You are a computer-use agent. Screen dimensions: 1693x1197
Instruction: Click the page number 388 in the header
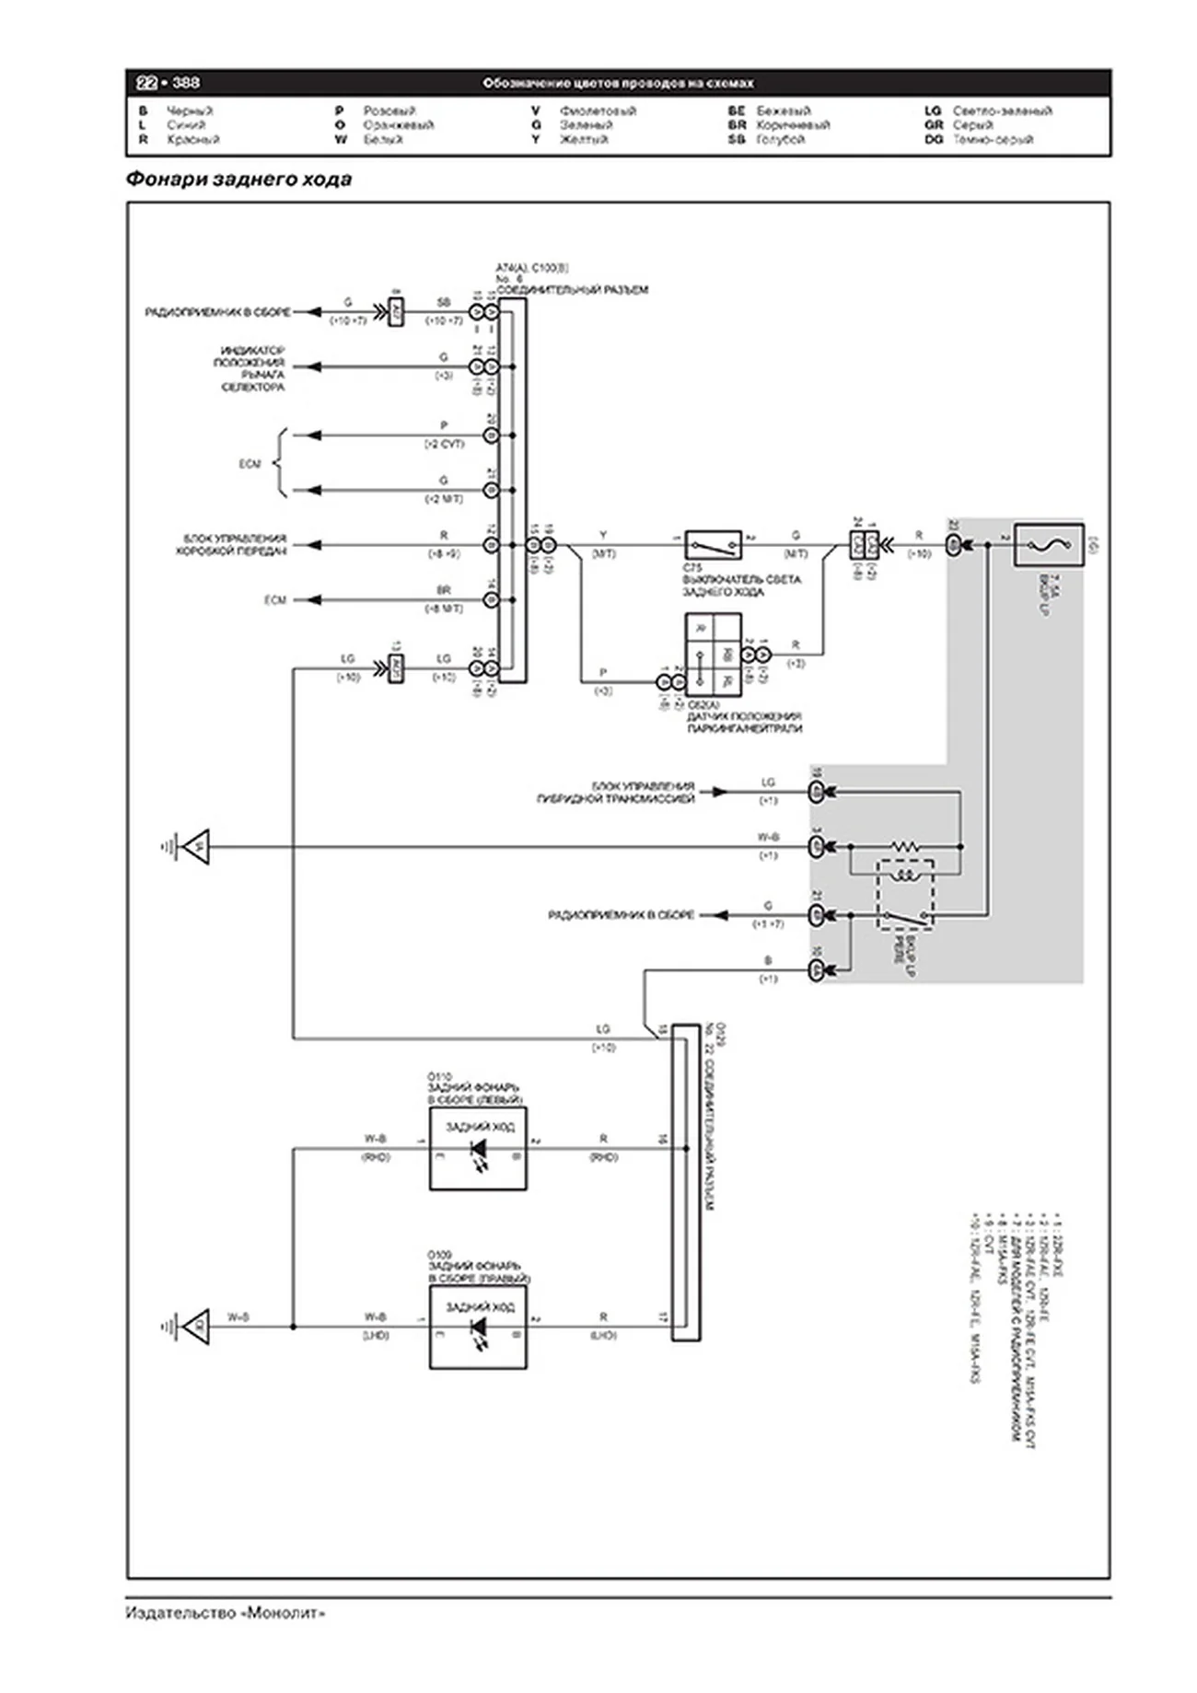(x=185, y=83)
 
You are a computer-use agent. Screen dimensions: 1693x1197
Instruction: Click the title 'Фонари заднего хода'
(x=238, y=180)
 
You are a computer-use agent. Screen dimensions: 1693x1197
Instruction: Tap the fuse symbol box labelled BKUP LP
(x=1048, y=545)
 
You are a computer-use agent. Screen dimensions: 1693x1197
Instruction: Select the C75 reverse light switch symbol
(x=713, y=545)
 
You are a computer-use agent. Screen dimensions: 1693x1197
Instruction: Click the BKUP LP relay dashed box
(x=906, y=894)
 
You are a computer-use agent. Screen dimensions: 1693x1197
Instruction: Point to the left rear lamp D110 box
(x=478, y=1148)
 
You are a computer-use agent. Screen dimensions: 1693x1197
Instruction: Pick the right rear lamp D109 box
(x=478, y=1327)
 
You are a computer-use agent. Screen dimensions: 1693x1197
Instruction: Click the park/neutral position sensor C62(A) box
(x=713, y=655)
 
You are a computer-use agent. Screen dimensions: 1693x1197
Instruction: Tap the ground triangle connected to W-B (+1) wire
(x=195, y=847)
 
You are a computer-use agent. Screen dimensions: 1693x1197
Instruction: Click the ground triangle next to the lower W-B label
(x=195, y=1327)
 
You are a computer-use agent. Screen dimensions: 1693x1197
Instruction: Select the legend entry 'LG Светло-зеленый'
(x=988, y=110)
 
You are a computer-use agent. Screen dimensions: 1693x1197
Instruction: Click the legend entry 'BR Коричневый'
(x=779, y=124)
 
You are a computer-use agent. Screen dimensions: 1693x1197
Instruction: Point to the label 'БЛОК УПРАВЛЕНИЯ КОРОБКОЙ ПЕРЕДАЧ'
(x=234, y=544)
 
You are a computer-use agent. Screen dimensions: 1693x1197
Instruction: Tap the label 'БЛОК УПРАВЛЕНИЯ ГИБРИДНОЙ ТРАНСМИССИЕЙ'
(x=615, y=793)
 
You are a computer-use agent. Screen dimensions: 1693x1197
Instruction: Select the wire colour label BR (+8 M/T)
(x=444, y=591)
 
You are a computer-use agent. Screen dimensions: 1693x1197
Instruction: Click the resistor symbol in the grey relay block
(x=905, y=845)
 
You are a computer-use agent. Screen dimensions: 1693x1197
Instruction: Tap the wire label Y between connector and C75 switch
(x=603, y=535)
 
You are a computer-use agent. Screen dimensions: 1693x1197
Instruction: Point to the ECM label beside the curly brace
(x=250, y=464)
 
